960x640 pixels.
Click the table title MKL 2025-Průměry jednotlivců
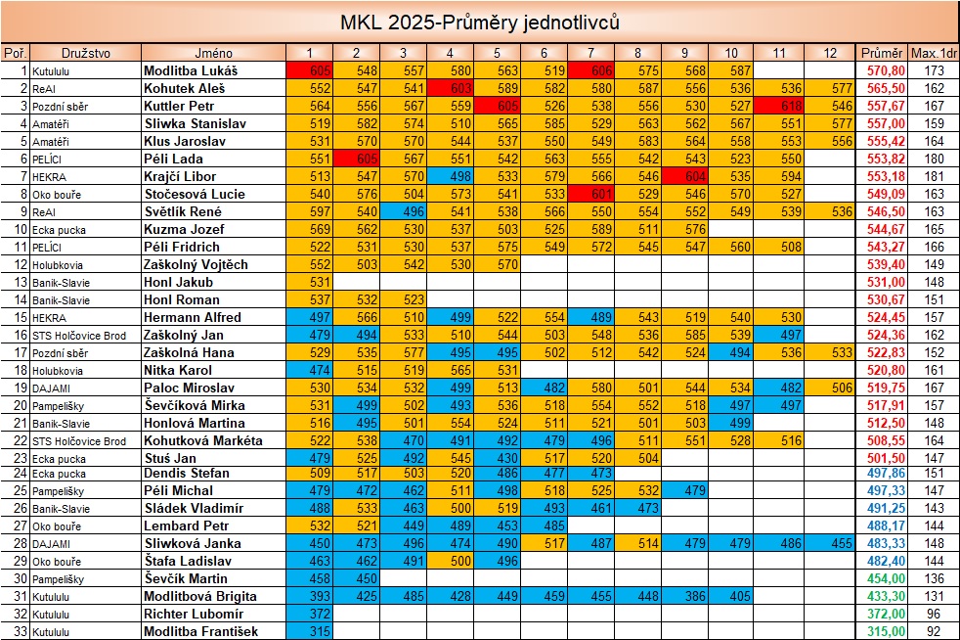click(479, 22)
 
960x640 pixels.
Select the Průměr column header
click(882, 52)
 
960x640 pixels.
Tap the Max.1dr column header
click(933, 52)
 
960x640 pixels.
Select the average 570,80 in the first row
click(882, 71)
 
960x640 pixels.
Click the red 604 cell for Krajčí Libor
click(684, 176)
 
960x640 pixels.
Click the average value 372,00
click(882, 614)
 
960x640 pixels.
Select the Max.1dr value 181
click(934, 176)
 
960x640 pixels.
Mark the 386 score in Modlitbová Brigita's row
click(684, 596)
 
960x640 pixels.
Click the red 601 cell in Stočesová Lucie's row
click(590, 194)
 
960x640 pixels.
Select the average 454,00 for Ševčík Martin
click(882, 578)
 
